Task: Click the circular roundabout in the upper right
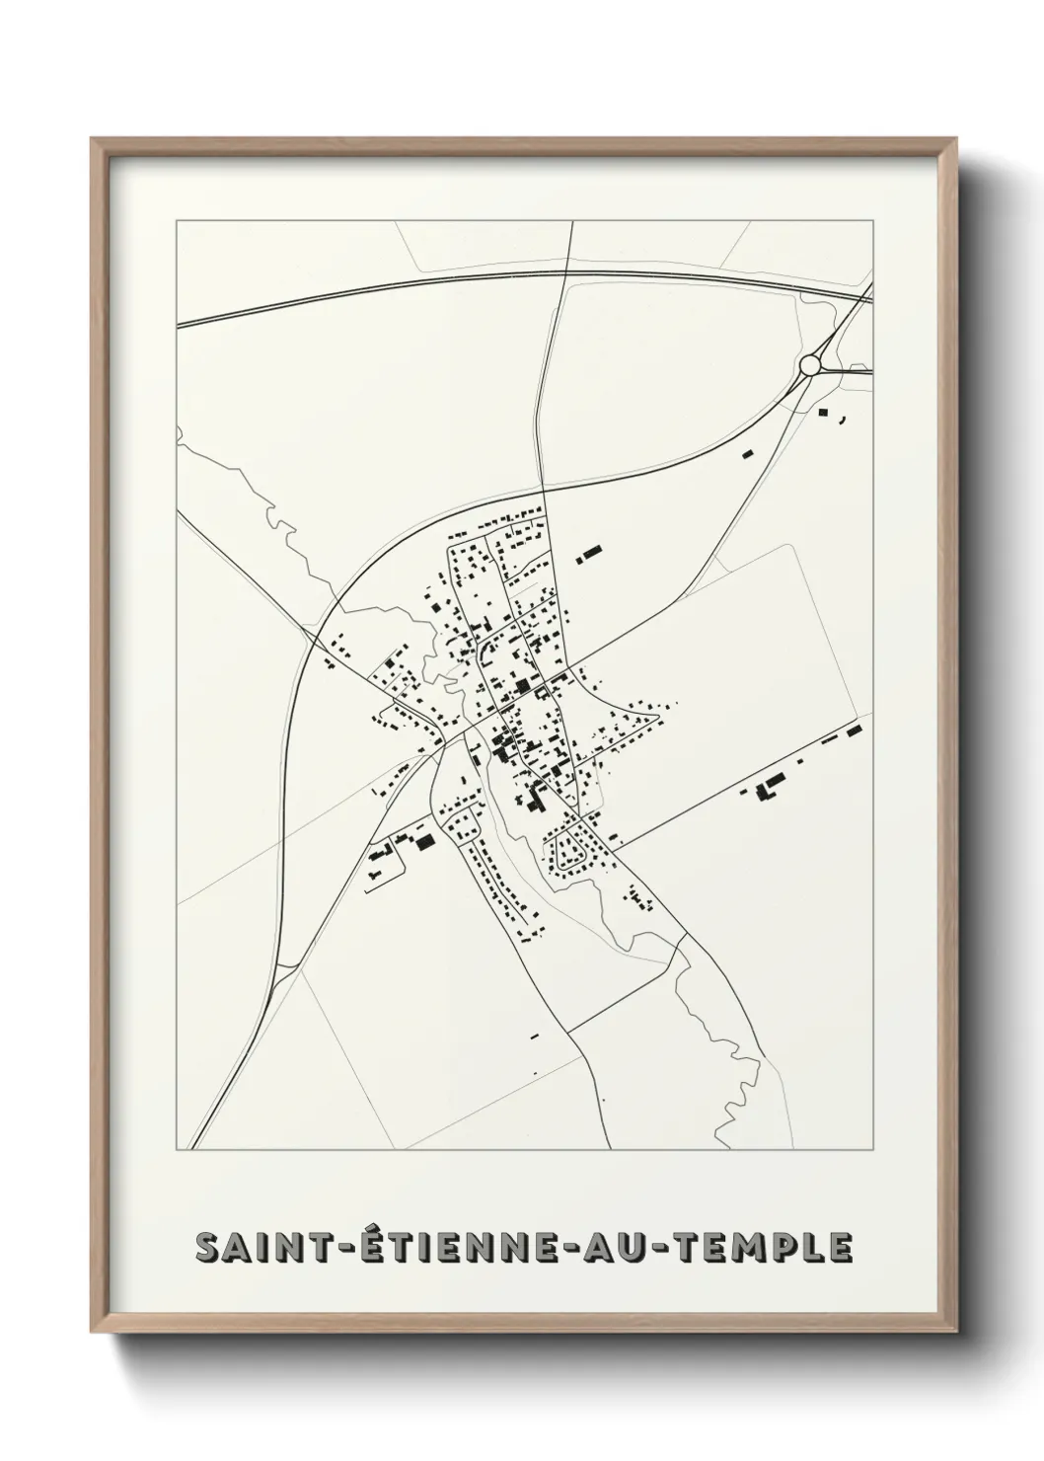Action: pos(810,365)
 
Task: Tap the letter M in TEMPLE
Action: pos(765,1248)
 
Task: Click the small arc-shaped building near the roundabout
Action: pos(844,421)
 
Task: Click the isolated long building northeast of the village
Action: pos(589,555)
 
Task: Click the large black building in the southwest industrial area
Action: pos(425,841)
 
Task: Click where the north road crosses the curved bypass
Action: pos(544,486)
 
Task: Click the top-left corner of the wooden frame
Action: pos(94,141)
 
